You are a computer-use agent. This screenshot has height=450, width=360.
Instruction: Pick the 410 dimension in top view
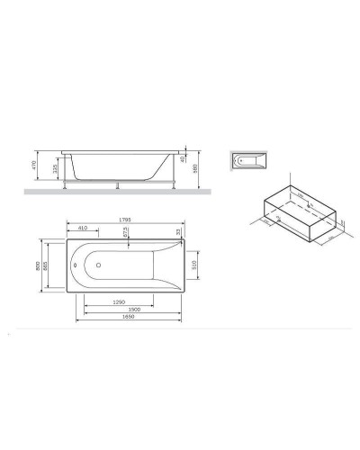(84, 228)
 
